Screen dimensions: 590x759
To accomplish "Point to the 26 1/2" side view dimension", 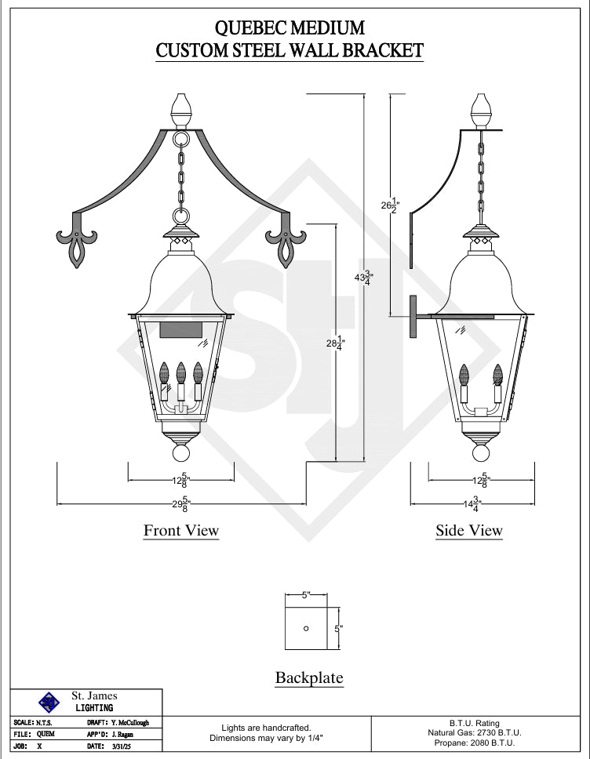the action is coord(390,205).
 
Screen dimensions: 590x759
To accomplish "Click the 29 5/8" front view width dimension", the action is coord(181,504).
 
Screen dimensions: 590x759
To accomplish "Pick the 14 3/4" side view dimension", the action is coord(472,504).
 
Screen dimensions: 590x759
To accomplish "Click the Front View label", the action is coord(181,530).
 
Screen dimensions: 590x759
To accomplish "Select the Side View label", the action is coord(469,530).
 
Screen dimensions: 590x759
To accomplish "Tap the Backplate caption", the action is coord(309,677).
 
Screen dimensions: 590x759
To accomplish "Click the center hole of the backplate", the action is coord(306,628).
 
